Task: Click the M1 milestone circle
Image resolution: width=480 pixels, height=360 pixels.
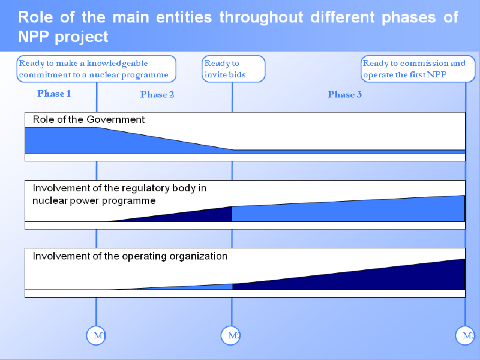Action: click(x=97, y=335)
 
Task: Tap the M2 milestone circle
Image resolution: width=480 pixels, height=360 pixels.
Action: click(x=232, y=335)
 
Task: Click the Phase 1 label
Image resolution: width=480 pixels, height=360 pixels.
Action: click(x=54, y=94)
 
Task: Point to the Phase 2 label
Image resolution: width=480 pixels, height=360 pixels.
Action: click(x=157, y=94)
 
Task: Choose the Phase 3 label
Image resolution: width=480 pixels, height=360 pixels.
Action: click(x=345, y=94)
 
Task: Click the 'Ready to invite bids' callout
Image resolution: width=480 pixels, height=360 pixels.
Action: click(x=233, y=69)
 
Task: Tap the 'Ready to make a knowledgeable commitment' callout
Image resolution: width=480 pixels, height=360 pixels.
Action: click(x=96, y=69)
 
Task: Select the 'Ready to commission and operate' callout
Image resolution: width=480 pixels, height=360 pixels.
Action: click(x=418, y=69)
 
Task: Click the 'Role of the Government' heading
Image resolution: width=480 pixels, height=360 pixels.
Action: click(x=89, y=119)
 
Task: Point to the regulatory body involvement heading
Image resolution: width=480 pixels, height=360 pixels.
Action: click(x=119, y=194)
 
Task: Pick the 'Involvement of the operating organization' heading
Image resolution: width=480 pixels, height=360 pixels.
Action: click(x=130, y=256)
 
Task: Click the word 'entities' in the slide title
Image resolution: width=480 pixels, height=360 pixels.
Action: click(x=182, y=17)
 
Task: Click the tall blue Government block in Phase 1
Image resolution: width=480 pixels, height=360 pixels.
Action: click(x=60, y=140)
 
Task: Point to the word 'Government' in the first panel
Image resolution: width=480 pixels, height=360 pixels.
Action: click(x=116, y=119)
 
